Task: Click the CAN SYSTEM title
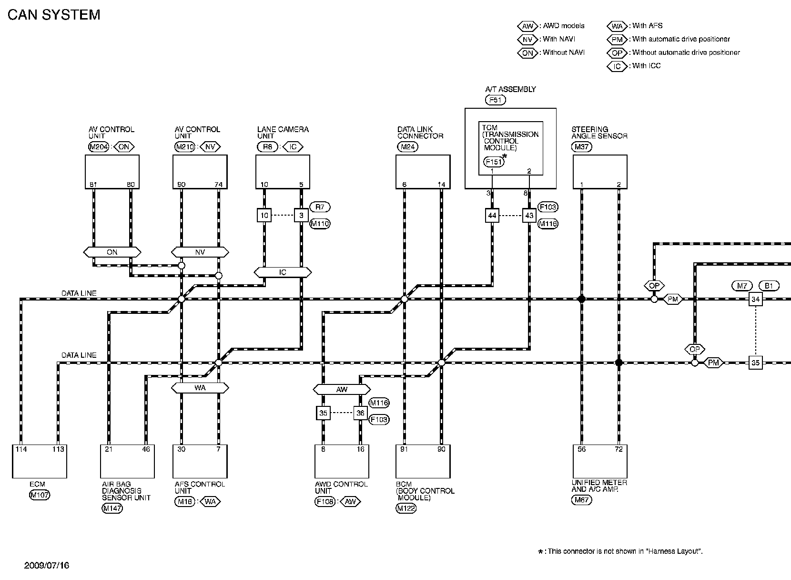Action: (x=54, y=15)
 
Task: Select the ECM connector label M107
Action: (x=40, y=495)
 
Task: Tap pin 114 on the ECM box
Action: (x=21, y=449)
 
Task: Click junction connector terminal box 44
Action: (x=492, y=216)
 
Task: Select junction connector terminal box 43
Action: (x=529, y=216)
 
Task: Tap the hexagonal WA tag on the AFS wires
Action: (x=200, y=388)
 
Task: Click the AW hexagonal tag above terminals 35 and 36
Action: (x=342, y=390)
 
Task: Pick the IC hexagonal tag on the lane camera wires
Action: (x=283, y=272)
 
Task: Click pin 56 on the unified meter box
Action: (x=582, y=449)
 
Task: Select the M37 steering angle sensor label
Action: (x=582, y=147)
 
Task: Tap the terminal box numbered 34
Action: (x=755, y=300)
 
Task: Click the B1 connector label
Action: (x=768, y=286)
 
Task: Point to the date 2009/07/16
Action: (x=47, y=565)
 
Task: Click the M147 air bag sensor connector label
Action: (x=112, y=508)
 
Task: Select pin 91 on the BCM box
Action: (x=404, y=449)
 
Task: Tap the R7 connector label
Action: (x=320, y=207)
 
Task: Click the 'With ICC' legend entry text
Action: (x=646, y=66)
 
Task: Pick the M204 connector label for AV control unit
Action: (x=99, y=147)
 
